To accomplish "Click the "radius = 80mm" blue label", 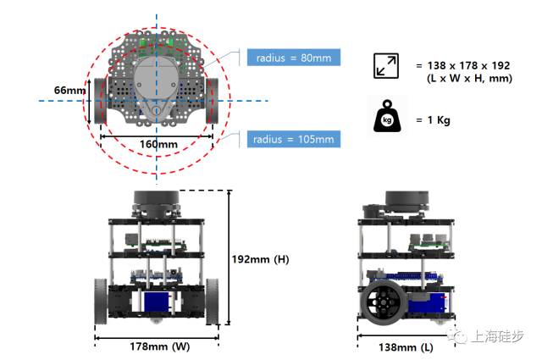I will pyautogui.click(x=294, y=58).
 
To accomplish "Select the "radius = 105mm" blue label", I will pyautogui.click(x=294, y=138).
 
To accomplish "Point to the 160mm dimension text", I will pyautogui.click(x=156, y=143).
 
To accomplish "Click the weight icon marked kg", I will pyautogui.click(x=388, y=118).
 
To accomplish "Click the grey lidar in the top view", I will pyautogui.click(x=156, y=85).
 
